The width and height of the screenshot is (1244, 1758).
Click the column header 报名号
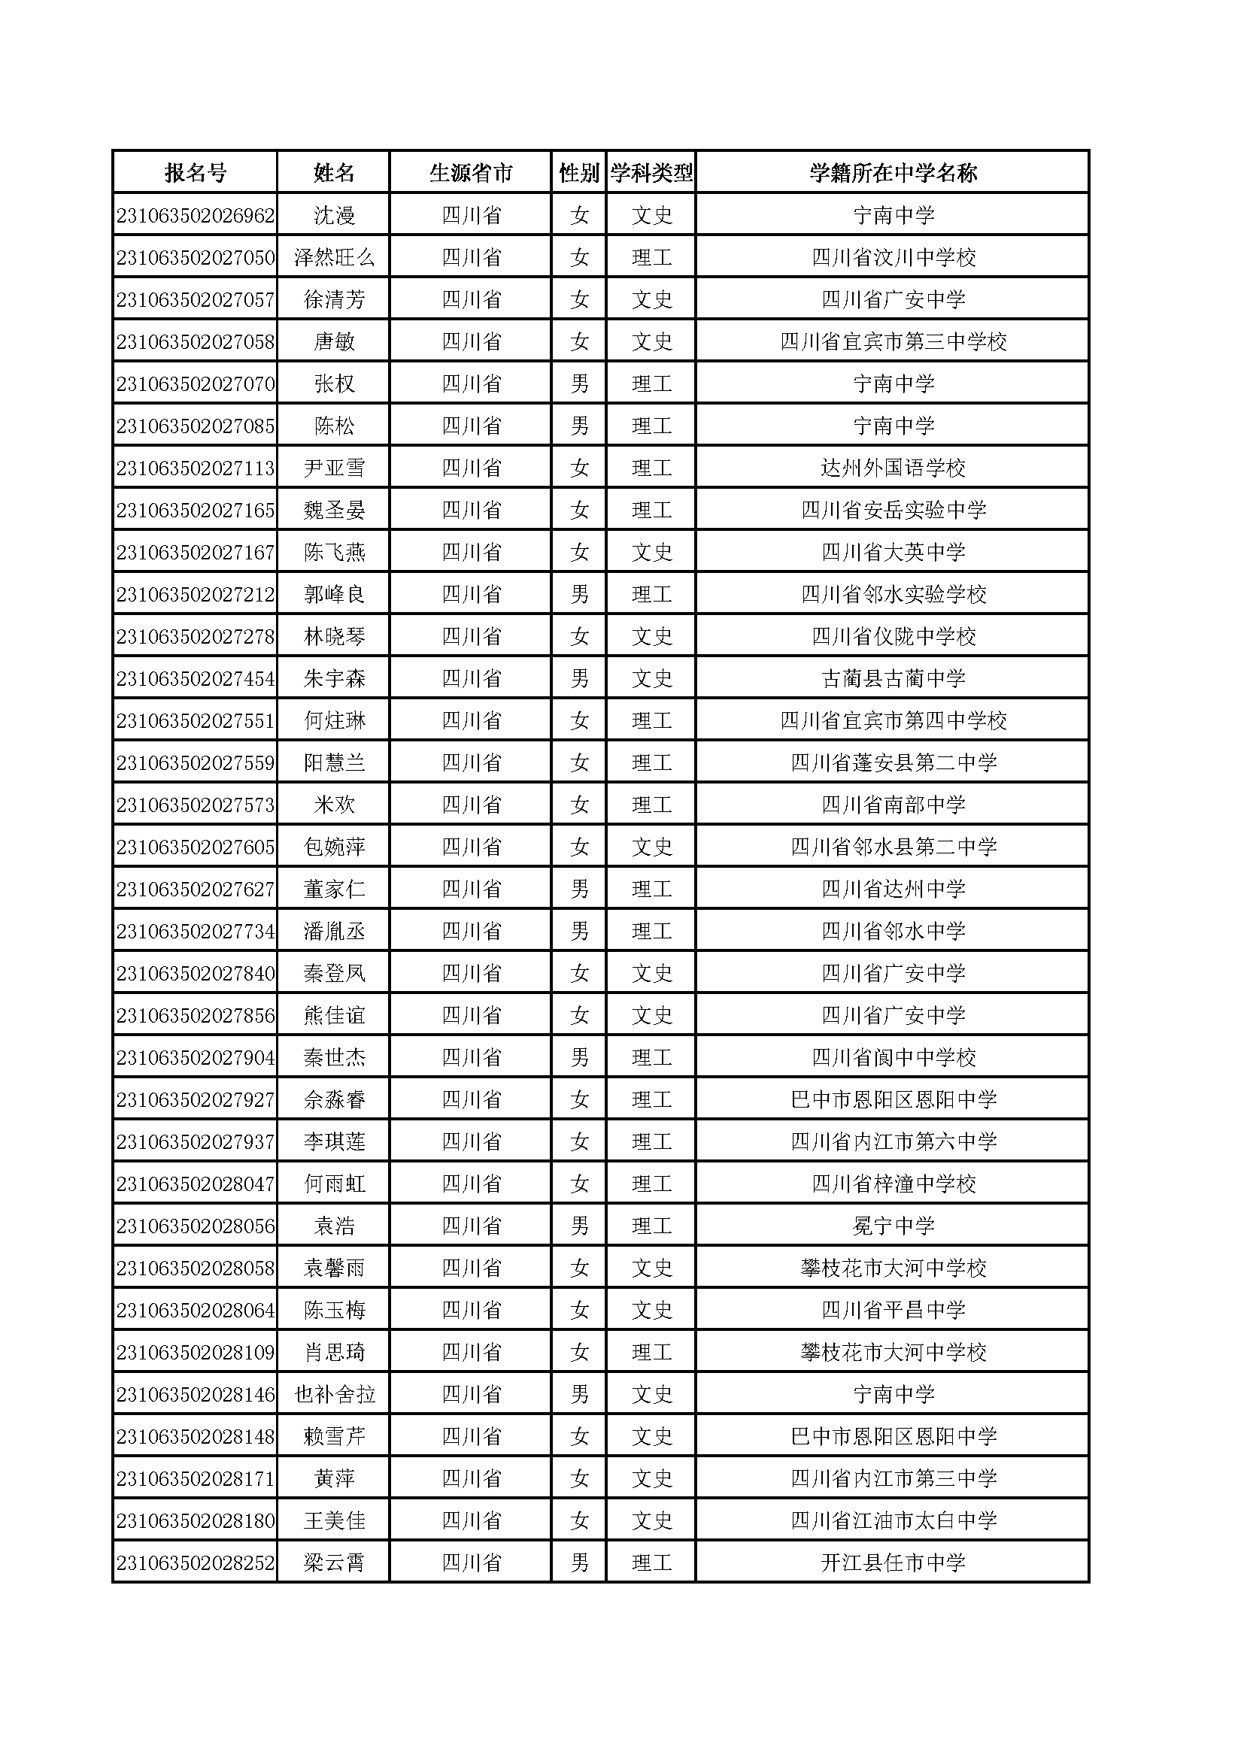click(x=196, y=173)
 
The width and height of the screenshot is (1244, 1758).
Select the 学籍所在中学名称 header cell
click(x=894, y=173)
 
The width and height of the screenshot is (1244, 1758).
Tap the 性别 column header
click(x=579, y=173)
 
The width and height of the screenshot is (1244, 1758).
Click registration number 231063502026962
click(x=196, y=215)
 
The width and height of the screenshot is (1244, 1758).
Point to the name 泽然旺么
click(x=334, y=257)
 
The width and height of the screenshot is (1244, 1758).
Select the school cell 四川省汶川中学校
click(x=894, y=257)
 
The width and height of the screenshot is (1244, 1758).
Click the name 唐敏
click(x=334, y=341)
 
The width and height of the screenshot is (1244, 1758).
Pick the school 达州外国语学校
click(x=894, y=468)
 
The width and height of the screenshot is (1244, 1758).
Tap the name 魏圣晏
click(x=334, y=510)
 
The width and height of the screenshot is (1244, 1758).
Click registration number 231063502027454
click(x=196, y=678)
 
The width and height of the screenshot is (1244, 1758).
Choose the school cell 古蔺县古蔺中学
click(x=894, y=678)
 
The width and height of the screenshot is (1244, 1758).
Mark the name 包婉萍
click(x=334, y=847)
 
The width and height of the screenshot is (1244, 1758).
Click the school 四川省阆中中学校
click(x=894, y=1057)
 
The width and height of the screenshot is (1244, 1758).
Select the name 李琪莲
click(x=334, y=1141)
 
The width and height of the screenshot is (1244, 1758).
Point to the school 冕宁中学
click(x=894, y=1226)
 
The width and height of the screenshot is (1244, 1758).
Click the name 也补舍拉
click(x=334, y=1394)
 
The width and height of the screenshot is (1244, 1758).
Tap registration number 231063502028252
click(x=196, y=1562)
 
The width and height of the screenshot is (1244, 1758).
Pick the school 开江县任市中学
click(x=894, y=1562)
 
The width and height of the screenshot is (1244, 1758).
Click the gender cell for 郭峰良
click(x=579, y=594)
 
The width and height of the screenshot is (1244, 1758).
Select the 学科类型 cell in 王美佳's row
click(x=651, y=1520)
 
